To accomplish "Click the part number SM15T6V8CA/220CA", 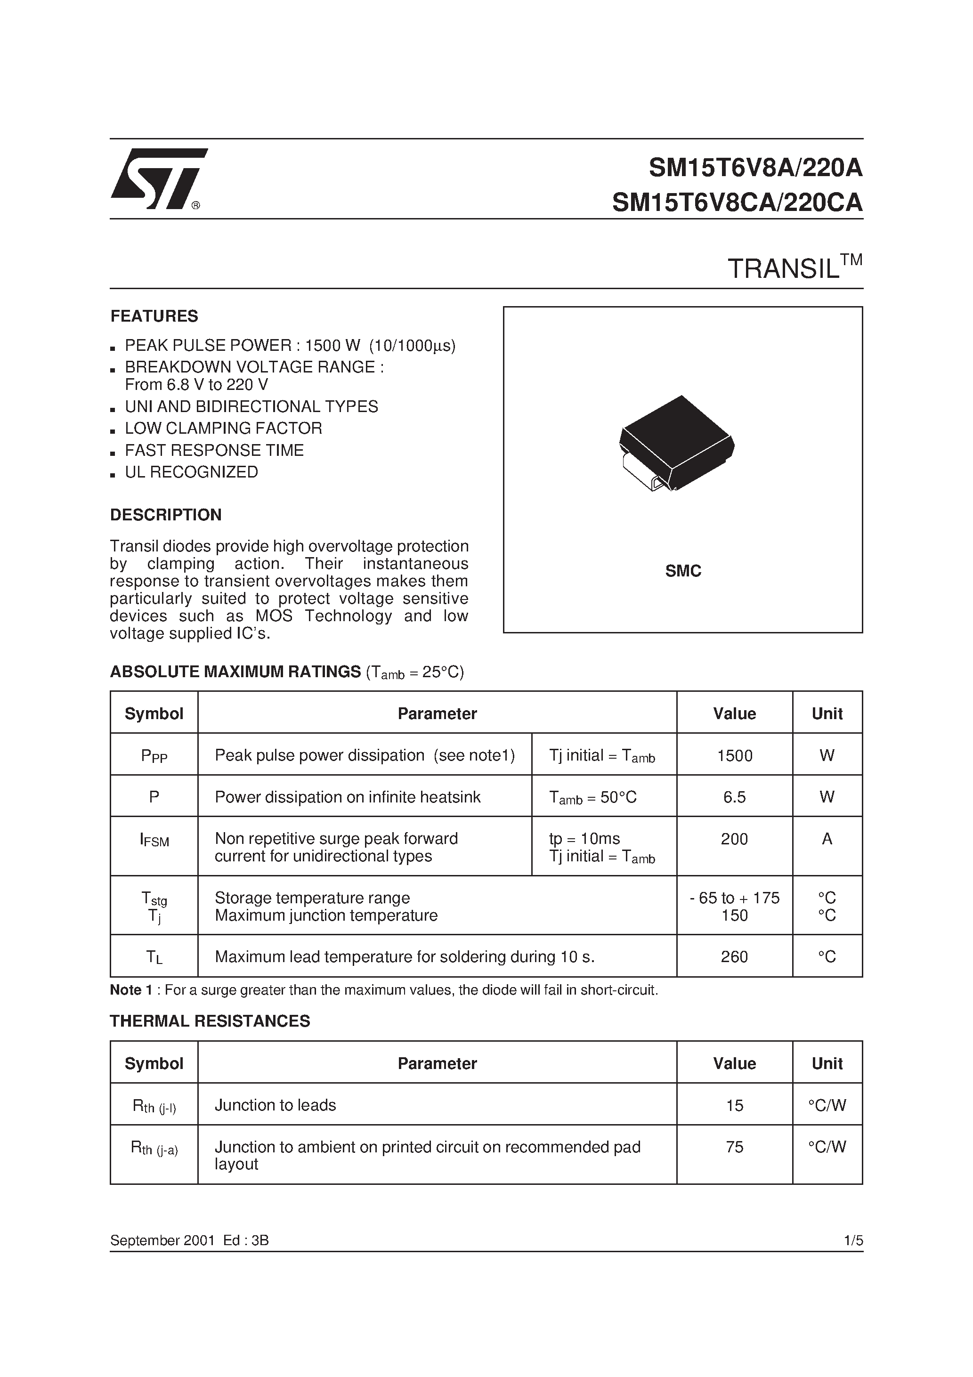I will (737, 202).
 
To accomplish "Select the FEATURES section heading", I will (154, 316).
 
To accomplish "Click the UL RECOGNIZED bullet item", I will (191, 472).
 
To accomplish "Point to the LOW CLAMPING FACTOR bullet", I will (223, 428).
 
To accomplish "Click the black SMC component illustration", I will (676, 444).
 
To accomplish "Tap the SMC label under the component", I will (683, 571).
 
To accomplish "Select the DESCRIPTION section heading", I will (166, 515).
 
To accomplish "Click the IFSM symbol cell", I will (154, 840).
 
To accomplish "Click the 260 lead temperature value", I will (734, 956).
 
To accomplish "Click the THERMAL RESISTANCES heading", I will (210, 1021).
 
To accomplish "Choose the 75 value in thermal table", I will (734, 1147).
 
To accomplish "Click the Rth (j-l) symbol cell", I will (154, 1106).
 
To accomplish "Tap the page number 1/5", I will (852, 1240).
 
